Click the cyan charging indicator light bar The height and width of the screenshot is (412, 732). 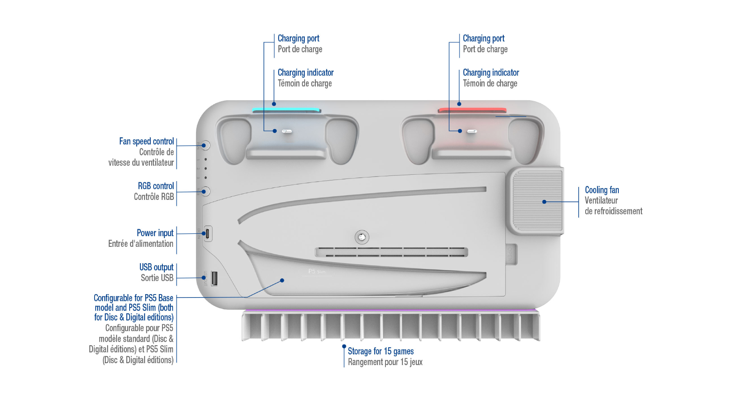(286, 110)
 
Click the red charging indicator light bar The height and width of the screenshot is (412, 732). (472, 110)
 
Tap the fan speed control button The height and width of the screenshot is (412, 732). (205, 145)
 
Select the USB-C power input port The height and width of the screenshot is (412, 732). (208, 234)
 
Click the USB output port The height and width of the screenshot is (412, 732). (214, 278)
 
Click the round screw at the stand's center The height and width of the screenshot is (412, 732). (362, 237)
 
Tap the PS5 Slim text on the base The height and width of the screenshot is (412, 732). (317, 271)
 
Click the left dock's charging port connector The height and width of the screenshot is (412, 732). (287, 131)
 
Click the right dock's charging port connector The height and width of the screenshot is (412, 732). (472, 131)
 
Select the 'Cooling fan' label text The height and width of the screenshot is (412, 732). (602, 190)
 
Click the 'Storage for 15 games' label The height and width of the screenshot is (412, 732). (380, 351)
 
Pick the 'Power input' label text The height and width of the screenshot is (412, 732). (155, 233)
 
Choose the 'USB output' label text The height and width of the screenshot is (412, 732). (156, 267)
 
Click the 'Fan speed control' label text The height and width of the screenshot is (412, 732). (146, 142)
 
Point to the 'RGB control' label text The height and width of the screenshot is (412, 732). (156, 186)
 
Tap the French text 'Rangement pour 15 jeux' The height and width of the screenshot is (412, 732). (385, 362)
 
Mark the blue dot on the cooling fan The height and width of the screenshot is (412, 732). (544, 202)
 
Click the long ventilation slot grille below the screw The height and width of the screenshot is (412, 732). (391, 252)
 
